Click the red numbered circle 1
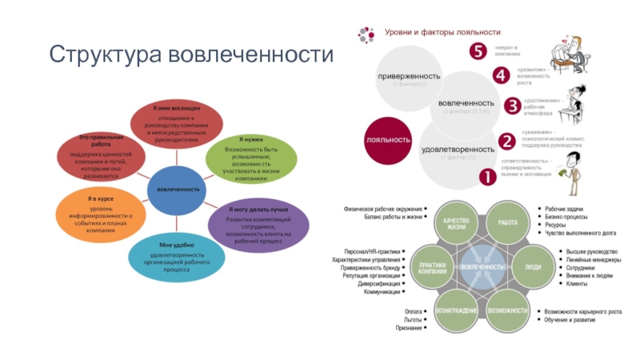coord(486,178)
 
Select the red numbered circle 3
coord(513,105)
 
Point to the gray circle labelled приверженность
coord(410,78)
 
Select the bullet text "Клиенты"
coord(554,284)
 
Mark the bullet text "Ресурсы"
coord(557,225)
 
